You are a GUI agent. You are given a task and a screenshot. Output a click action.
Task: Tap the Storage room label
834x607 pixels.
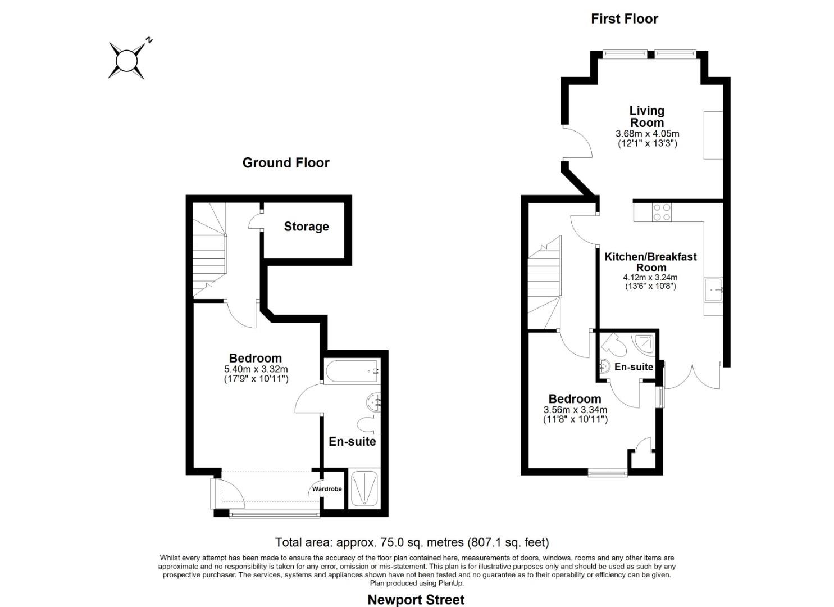[x=306, y=227]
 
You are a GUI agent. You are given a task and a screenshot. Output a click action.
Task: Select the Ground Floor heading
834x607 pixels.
[x=286, y=163]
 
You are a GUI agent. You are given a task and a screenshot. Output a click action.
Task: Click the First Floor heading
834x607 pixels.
[x=624, y=19]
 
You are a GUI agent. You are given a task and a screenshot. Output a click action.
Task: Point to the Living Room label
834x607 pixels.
[x=646, y=117]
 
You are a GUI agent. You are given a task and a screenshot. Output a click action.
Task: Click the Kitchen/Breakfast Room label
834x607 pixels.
[x=650, y=262]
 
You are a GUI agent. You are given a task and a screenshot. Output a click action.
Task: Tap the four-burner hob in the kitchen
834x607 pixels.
[x=661, y=212]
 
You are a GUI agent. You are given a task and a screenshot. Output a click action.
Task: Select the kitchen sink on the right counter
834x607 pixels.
[x=713, y=289]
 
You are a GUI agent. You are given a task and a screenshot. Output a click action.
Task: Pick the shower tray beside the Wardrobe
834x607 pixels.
[x=364, y=488]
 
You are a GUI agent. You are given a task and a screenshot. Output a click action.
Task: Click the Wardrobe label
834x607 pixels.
[x=327, y=489]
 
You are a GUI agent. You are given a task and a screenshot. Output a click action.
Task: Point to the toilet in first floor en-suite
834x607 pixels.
[x=614, y=345]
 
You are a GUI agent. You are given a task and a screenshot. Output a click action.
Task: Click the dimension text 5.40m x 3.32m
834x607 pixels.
[x=256, y=369]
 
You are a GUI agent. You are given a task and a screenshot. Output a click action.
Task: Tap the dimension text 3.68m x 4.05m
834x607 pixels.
[x=647, y=134]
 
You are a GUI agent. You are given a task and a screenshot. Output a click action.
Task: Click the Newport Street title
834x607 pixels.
[x=416, y=600]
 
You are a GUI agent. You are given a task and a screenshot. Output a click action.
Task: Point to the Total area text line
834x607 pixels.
[x=412, y=542]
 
